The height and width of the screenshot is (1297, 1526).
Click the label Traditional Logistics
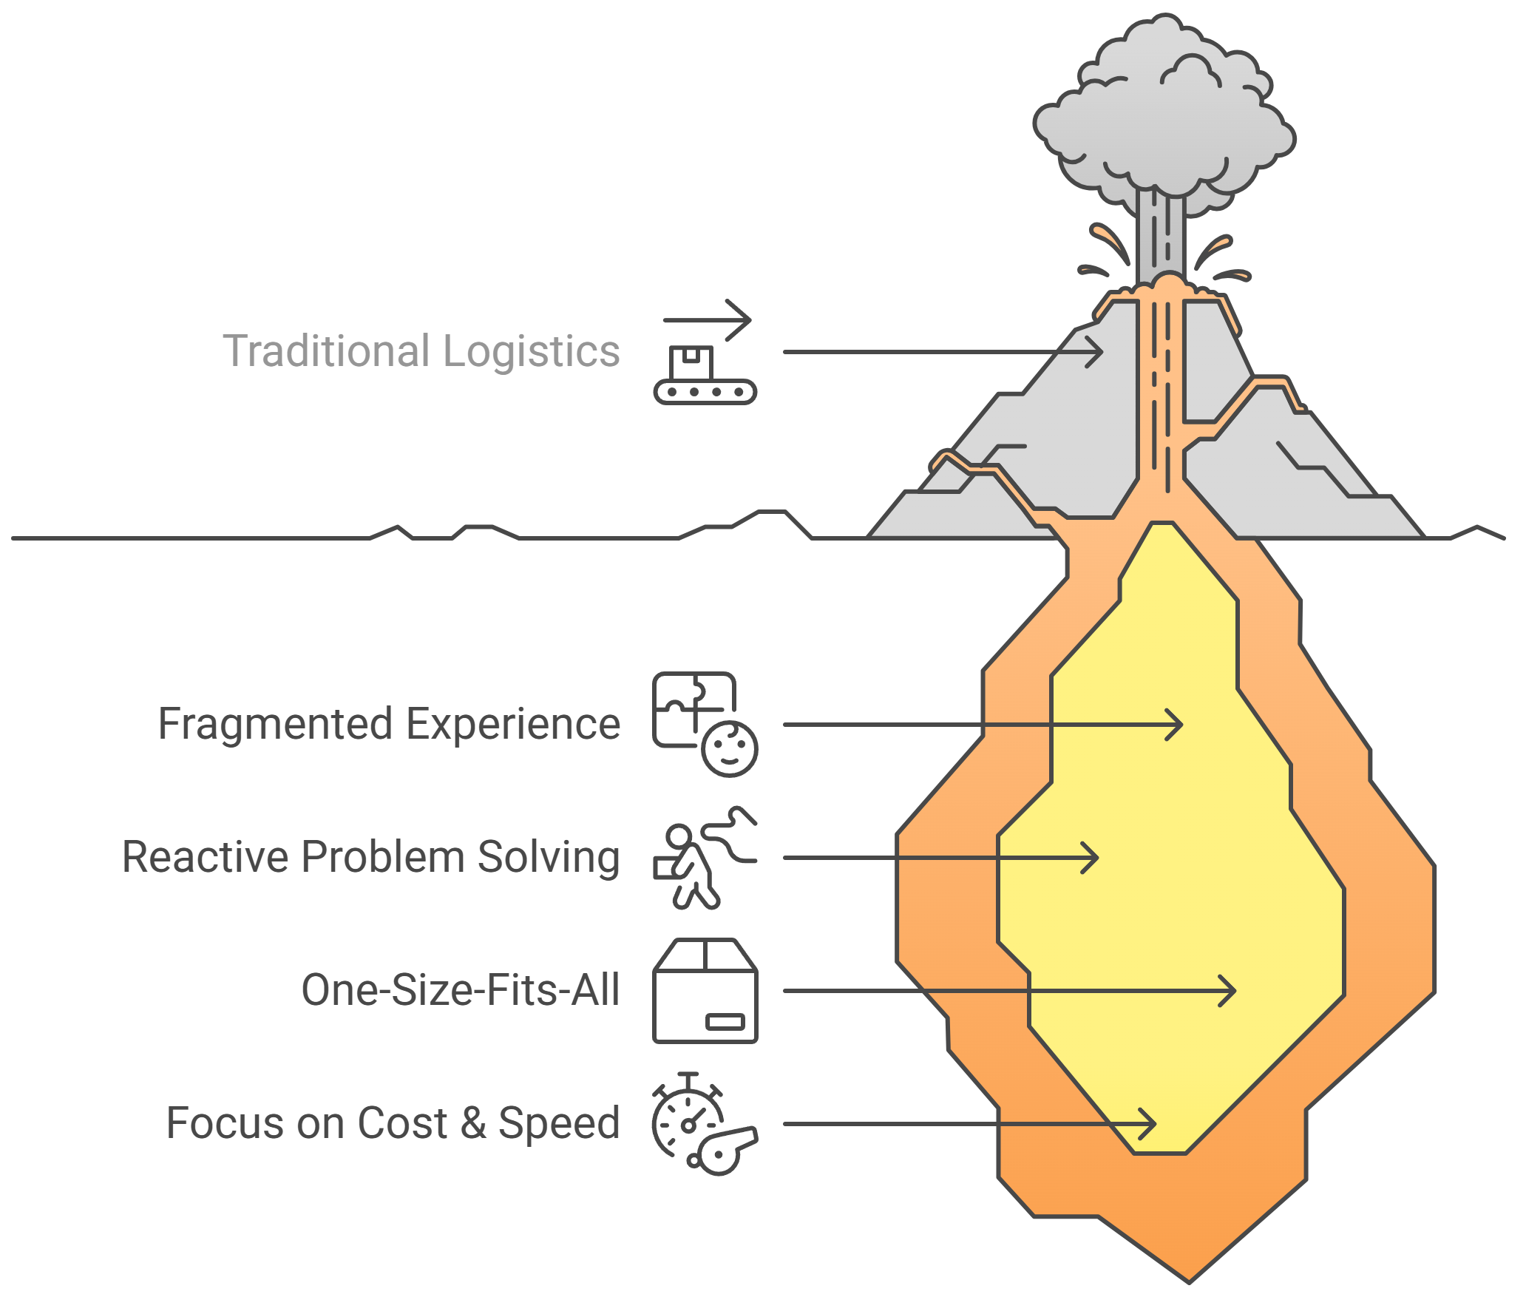(x=421, y=351)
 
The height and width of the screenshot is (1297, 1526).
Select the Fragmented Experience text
(x=389, y=724)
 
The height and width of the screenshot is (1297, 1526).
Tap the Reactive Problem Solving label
(x=370, y=857)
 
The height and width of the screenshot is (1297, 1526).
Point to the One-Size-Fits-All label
(x=460, y=990)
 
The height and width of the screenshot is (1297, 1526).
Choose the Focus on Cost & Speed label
(x=393, y=1123)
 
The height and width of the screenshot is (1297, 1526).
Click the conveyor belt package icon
(x=705, y=373)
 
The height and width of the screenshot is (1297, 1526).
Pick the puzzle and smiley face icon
(x=705, y=724)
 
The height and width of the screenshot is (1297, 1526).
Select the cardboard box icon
(x=705, y=991)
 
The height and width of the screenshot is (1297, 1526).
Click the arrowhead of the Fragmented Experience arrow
(x=1178, y=725)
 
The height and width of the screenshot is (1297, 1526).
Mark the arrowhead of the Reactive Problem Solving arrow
(x=1093, y=858)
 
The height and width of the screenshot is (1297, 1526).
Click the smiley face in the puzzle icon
(x=729, y=748)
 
